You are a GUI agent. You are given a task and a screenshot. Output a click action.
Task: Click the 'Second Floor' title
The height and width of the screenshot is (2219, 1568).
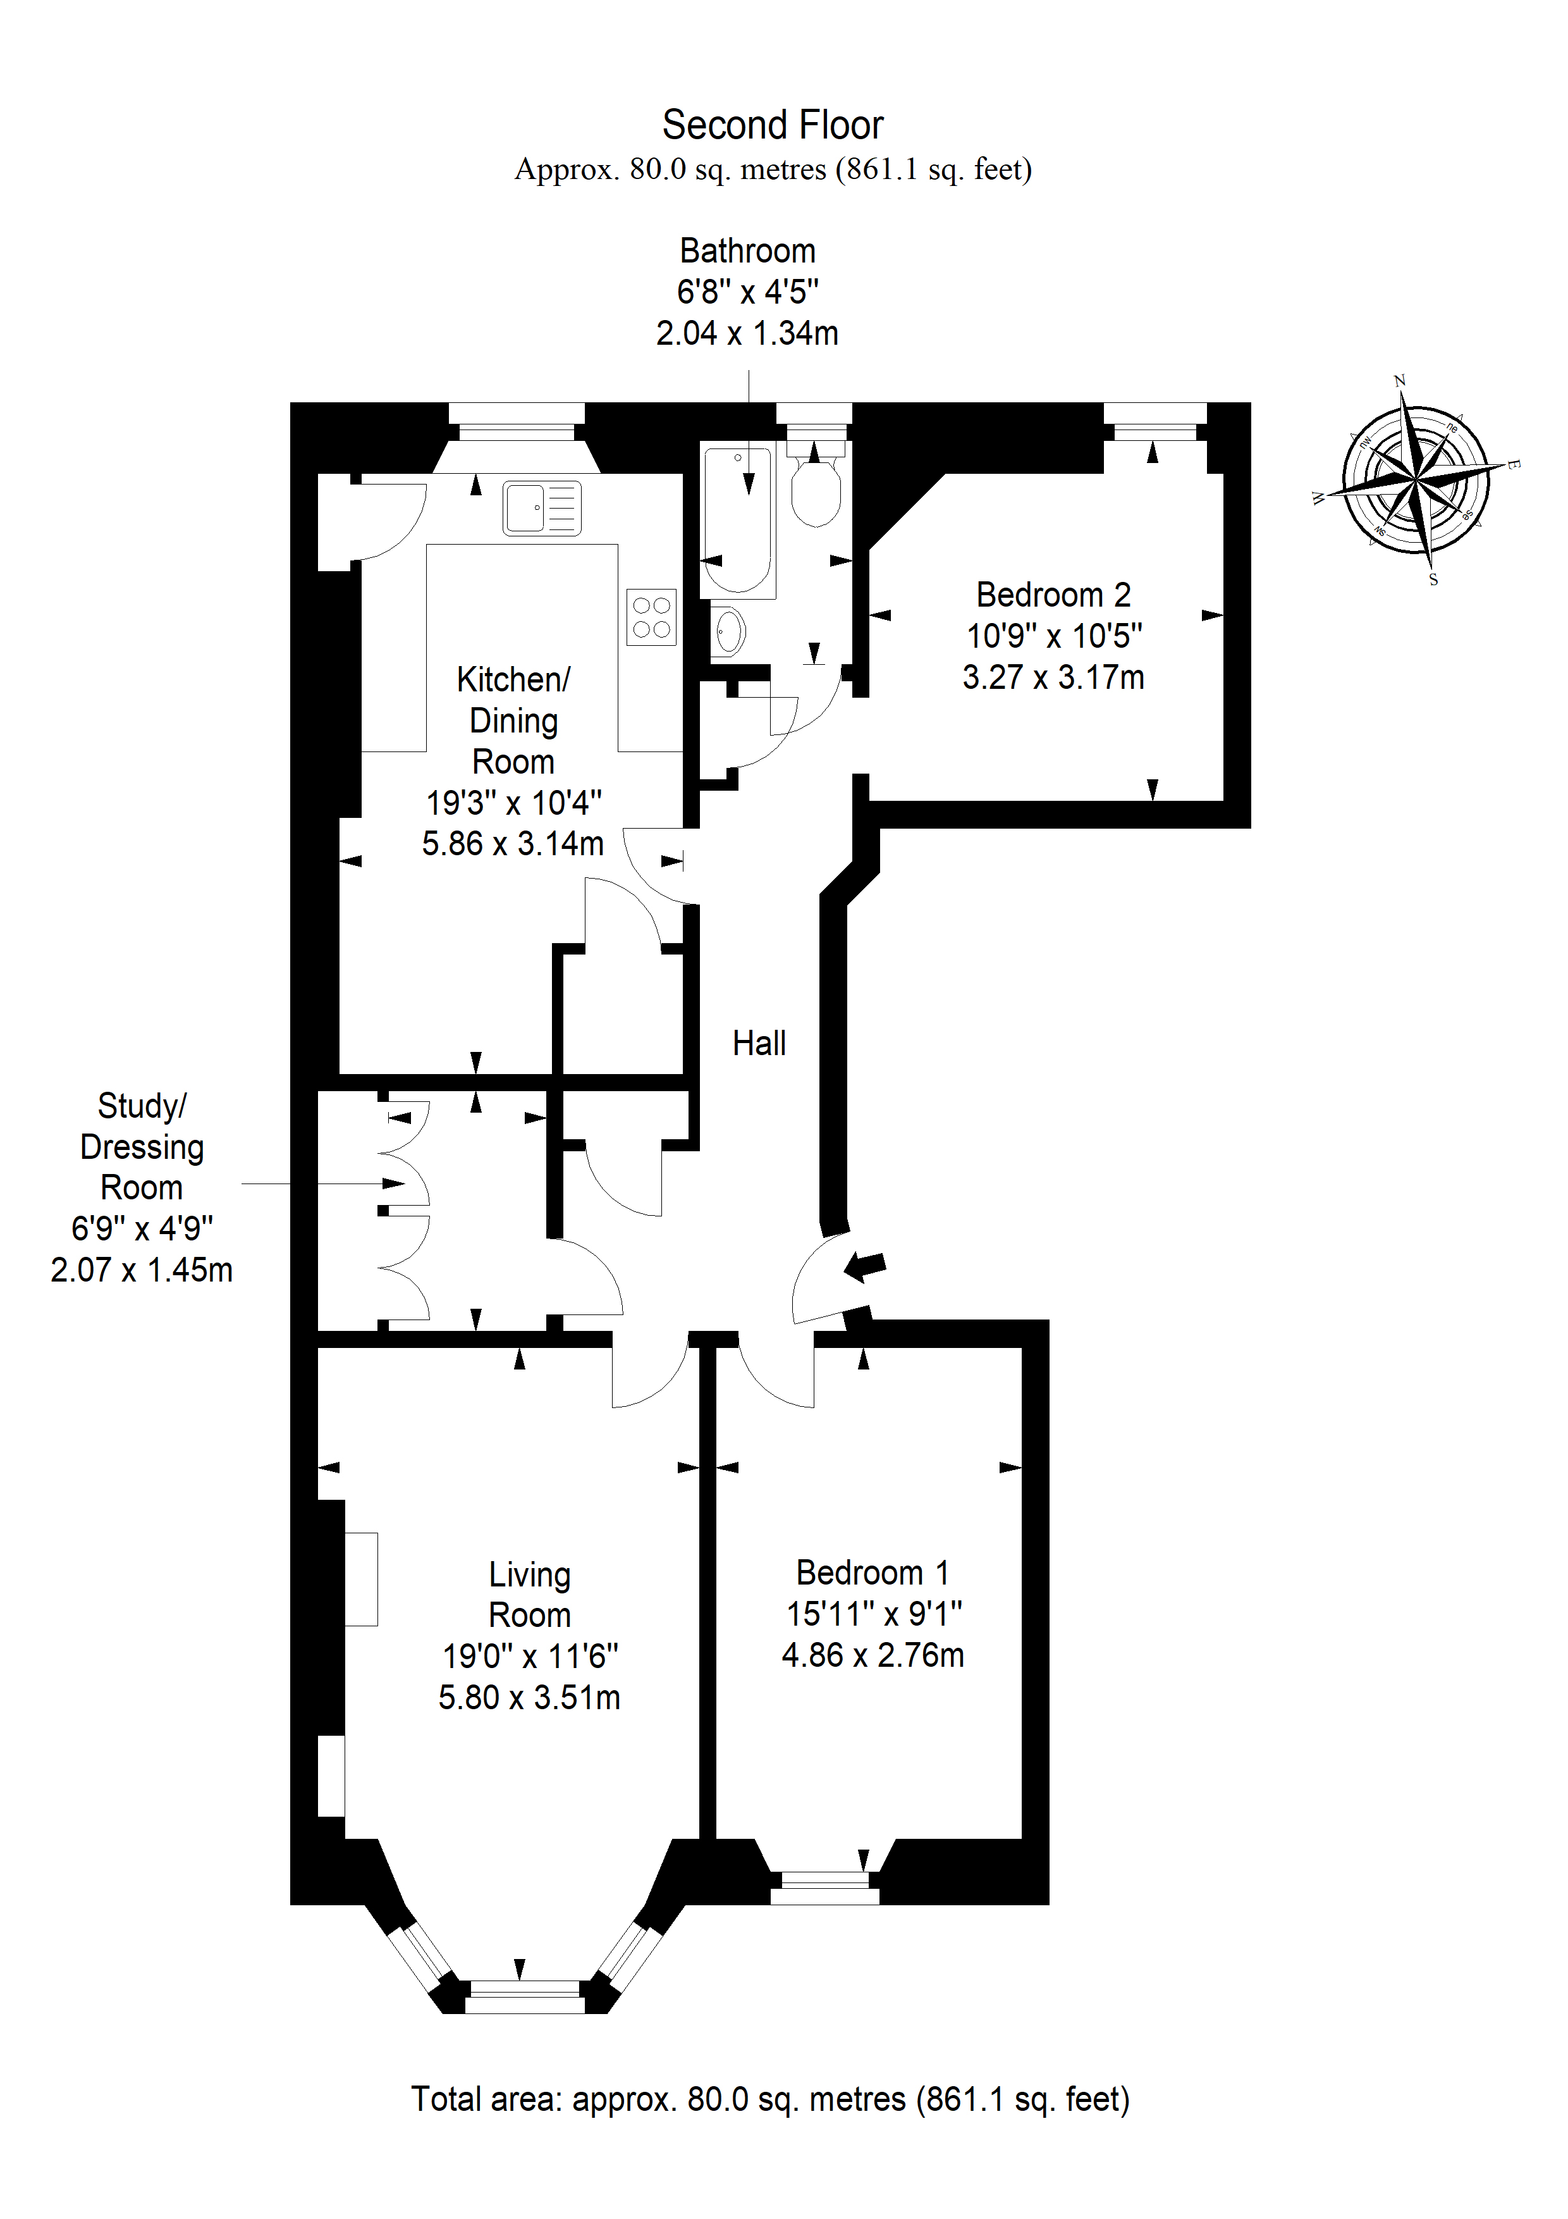click(x=772, y=125)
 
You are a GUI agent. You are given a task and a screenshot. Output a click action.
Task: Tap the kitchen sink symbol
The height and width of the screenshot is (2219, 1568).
click(x=542, y=507)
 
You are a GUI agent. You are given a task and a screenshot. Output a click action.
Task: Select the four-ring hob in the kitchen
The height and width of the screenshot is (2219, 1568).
click(x=651, y=617)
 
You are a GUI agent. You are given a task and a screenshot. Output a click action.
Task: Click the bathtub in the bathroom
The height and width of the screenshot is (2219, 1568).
click(x=738, y=520)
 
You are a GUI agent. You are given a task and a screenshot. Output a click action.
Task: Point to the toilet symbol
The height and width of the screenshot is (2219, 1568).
click(x=816, y=483)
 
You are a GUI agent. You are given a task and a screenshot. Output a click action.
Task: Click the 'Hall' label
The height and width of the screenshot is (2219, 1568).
click(x=759, y=1043)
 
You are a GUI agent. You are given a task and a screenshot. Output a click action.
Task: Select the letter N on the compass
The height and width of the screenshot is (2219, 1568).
click(x=1400, y=381)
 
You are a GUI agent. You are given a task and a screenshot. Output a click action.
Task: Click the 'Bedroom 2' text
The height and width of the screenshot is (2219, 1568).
click(x=1053, y=595)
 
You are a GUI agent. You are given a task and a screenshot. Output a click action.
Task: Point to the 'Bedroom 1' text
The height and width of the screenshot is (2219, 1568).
click(x=873, y=1573)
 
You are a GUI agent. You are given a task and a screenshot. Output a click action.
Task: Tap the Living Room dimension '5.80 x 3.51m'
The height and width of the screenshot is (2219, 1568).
click(x=529, y=1697)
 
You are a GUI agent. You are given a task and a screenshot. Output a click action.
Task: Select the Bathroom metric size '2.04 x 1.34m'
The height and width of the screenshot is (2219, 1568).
click(x=747, y=333)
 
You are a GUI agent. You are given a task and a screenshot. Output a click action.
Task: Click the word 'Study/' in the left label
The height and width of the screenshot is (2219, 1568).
click(x=142, y=1106)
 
